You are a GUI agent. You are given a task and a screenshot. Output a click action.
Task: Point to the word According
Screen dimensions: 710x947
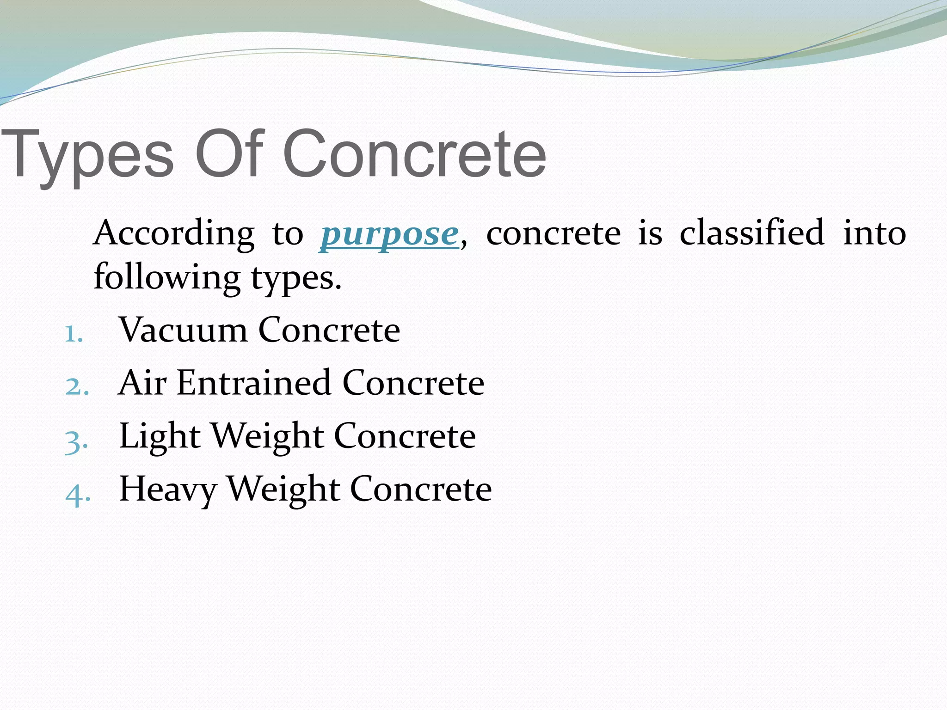click(x=174, y=233)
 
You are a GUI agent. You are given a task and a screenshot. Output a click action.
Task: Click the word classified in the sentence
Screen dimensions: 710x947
click(x=752, y=232)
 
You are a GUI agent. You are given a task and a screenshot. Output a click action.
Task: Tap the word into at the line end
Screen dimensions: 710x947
click(x=874, y=233)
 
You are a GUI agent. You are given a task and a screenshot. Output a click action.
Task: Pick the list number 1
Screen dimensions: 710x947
click(x=73, y=334)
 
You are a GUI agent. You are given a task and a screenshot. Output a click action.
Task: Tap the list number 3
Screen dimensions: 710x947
click(x=76, y=440)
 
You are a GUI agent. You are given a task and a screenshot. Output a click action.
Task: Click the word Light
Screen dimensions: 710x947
click(x=160, y=436)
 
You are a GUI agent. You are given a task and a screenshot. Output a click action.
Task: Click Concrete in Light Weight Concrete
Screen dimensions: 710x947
click(x=405, y=436)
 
